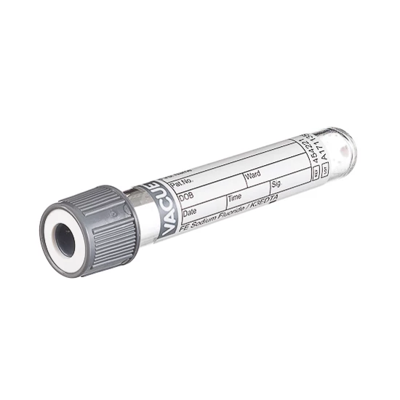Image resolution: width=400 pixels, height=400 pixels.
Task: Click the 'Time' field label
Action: point(235,196)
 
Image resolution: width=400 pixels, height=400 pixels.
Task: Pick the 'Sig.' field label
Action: point(276,185)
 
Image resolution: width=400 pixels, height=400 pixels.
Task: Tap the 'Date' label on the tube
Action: point(190,212)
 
